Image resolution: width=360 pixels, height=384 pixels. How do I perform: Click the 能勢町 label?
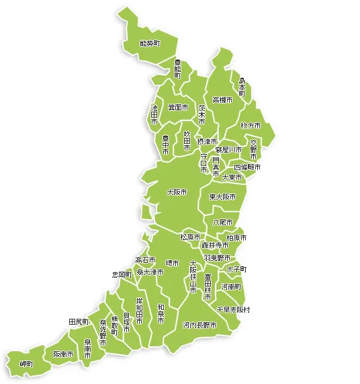(149, 43)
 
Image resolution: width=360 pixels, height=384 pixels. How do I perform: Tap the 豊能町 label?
(177, 69)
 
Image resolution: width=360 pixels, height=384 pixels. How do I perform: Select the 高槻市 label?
(222, 100)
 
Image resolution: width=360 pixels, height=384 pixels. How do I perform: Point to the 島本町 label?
(242, 87)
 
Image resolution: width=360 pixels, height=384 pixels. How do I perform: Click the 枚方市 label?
(251, 126)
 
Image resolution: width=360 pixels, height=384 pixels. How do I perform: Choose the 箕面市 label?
(178, 108)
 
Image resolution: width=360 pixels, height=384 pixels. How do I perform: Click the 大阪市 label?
(177, 192)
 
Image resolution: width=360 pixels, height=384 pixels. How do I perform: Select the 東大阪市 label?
(222, 197)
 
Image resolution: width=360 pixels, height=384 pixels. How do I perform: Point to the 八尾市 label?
(222, 222)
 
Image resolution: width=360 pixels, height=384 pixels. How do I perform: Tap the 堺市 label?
(173, 263)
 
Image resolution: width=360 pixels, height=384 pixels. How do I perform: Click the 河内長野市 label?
(199, 325)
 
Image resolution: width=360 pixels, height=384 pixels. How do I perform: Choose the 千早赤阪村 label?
(233, 309)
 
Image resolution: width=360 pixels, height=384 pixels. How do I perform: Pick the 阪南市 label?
(63, 354)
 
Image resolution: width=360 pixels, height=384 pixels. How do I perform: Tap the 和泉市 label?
(161, 314)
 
